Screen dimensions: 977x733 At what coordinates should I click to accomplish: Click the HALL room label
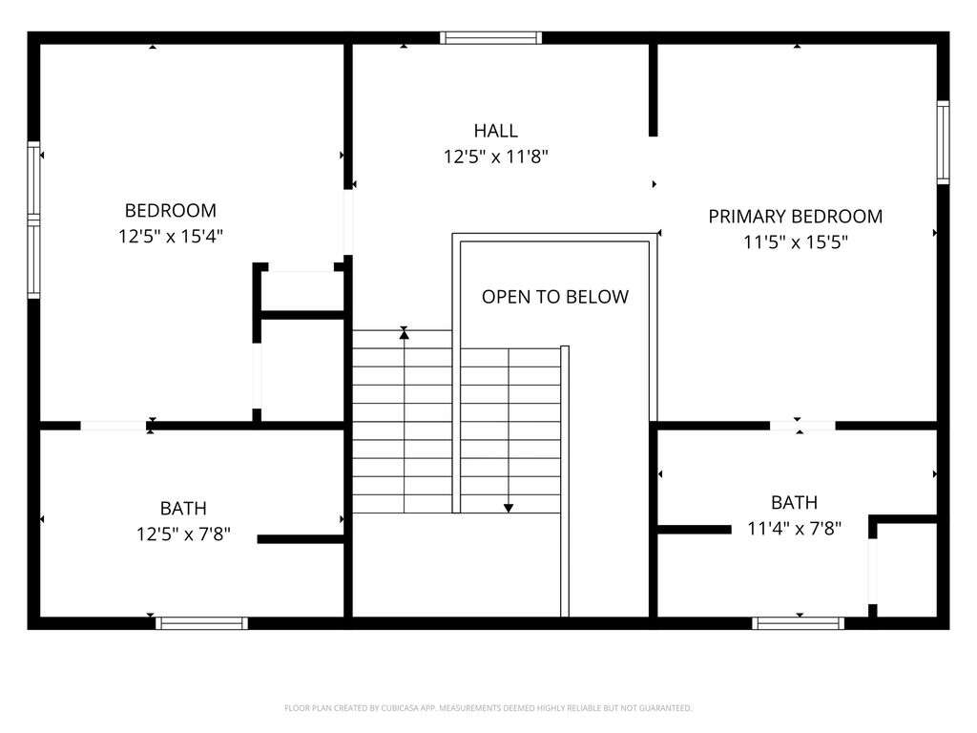(495, 131)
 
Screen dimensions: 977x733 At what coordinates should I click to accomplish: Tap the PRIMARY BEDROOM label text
(795, 217)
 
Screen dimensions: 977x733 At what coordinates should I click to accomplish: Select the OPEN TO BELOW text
(555, 297)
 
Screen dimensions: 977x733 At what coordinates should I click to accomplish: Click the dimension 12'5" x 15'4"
(171, 237)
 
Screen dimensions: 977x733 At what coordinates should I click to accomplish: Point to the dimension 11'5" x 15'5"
(795, 241)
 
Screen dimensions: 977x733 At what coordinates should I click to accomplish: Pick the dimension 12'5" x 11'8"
(495, 157)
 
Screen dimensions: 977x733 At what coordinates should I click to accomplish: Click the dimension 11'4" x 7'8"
(795, 529)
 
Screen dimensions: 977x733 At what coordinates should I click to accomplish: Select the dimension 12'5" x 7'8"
(183, 534)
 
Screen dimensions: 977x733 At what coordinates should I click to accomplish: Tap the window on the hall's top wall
(491, 37)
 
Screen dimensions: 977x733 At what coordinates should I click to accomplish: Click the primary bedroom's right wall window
(944, 142)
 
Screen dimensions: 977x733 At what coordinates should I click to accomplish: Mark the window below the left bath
(201, 623)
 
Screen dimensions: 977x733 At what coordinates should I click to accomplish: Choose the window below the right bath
(799, 623)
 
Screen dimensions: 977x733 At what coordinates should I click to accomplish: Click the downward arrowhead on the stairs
(509, 508)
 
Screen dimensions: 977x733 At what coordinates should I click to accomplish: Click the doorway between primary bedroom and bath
(802, 426)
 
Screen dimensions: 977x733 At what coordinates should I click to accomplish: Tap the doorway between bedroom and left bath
(114, 426)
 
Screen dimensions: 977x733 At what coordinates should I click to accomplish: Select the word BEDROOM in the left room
(171, 211)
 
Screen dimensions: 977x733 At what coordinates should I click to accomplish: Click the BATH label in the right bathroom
(795, 502)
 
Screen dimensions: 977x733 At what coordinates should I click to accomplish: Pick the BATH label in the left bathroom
(183, 509)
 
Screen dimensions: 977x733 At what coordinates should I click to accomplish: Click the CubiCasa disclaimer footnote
(488, 708)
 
